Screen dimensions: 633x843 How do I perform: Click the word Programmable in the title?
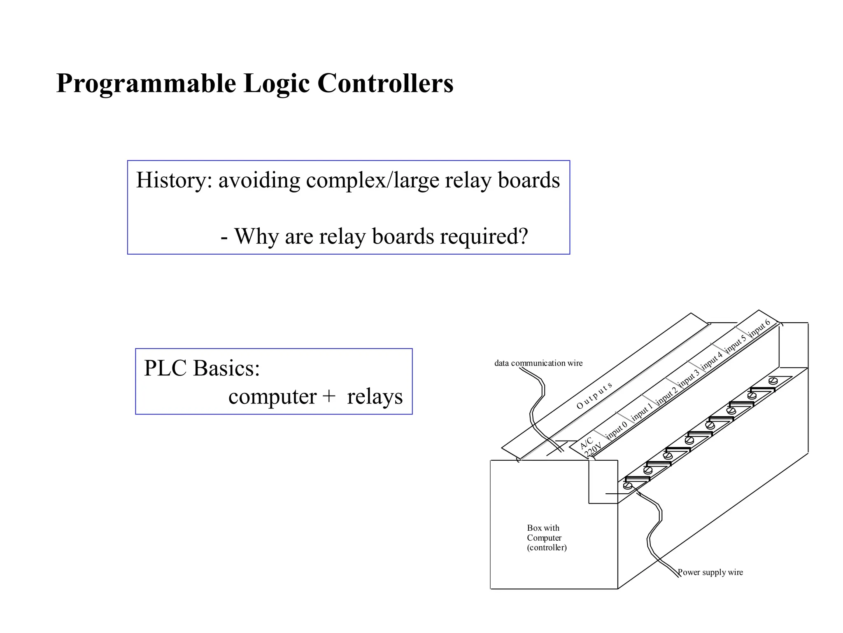146,84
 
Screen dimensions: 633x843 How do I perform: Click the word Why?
257,236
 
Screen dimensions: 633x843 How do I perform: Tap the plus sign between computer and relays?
329,397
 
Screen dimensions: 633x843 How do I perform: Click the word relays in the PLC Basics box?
375,397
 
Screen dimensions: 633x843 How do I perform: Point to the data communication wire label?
538,363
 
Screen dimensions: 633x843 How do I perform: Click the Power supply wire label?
710,572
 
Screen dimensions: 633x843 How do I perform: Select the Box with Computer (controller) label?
546,537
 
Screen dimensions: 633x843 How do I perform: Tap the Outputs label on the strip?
594,396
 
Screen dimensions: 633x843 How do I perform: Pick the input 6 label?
759,328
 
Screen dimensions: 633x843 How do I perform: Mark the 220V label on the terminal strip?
593,450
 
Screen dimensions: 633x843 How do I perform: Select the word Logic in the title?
276,84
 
